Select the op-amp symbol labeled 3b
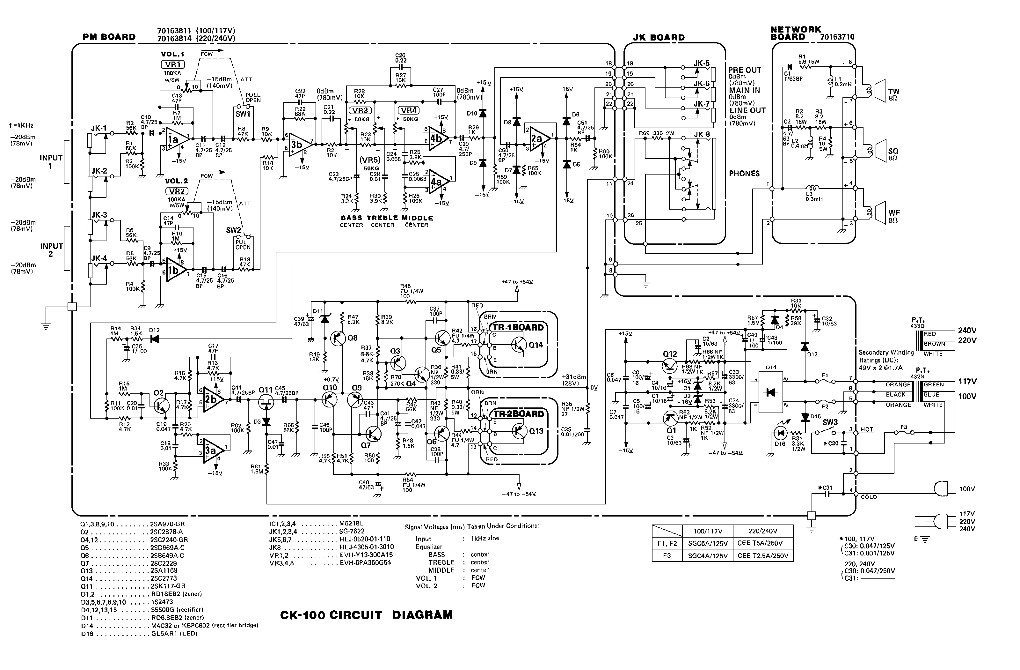click(299, 145)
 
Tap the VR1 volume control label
click(173, 65)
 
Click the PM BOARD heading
click(109, 37)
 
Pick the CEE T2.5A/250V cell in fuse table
click(762, 556)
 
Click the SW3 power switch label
click(830, 422)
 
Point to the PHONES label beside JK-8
click(744, 173)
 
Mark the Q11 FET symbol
click(266, 400)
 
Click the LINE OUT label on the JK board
click(747, 110)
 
